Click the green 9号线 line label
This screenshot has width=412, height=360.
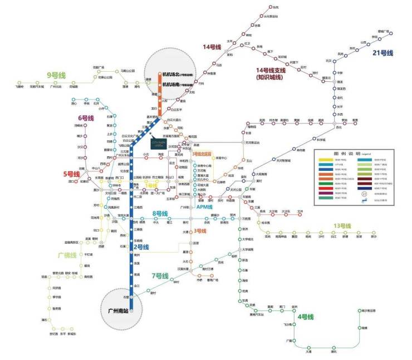[56, 75]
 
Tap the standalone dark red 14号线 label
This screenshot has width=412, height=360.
[212, 47]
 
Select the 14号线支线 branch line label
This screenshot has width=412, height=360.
[271, 71]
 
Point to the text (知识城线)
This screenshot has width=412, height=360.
[271, 78]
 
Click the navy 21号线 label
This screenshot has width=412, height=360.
[383, 53]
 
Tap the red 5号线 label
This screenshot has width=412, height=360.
[72, 174]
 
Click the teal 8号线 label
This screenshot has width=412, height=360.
[160, 213]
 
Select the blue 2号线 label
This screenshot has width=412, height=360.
[141, 246]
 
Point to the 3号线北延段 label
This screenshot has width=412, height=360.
[202, 154]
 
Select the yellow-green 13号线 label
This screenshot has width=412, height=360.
[342, 225]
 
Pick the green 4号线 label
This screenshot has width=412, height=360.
[306, 317]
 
